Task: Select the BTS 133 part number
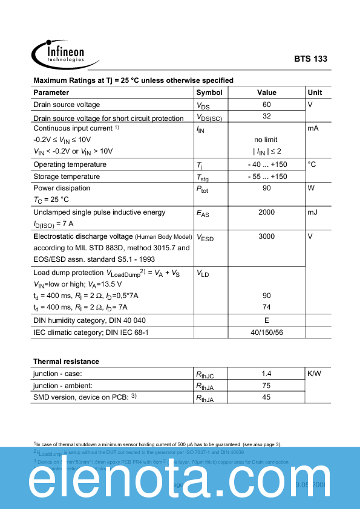pyautogui.click(x=310, y=59)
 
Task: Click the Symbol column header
pyautogui.click(x=209, y=92)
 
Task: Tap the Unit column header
pyautogui.click(x=315, y=92)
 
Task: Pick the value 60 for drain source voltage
pyautogui.click(x=267, y=105)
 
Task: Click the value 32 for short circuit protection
pyautogui.click(x=267, y=116)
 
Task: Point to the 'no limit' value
pyautogui.click(x=266, y=140)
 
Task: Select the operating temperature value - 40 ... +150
pyautogui.click(x=267, y=164)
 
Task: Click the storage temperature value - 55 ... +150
pyautogui.click(x=267, y=177)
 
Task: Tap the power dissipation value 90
pyautogui.click(x=267, y=188)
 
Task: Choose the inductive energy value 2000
pyautogui.click(x=267, y=212)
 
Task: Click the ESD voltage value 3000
pyautogui.click(x=267, y=236)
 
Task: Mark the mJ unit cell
pyautogui.click(x=313, y=212)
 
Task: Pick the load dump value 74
pyautogui.click(x=267, y=307)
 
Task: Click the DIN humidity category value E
pyautogui.click(x=267, y=320)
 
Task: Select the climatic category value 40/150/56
pyautogui.click(x=267, y=332)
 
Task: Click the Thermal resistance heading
pyautogui.click(x=66, y=361)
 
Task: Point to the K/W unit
pyautogui.click(x=315, y=374)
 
